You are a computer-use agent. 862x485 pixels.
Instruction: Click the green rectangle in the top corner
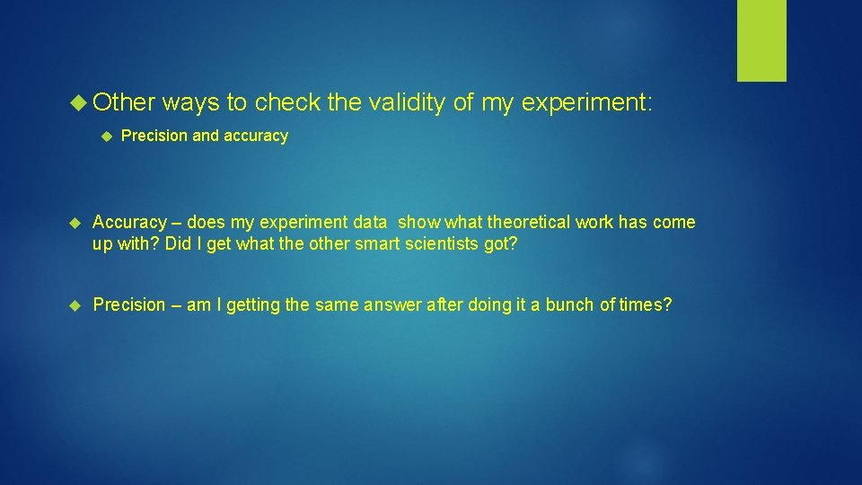click(x=761, y=40)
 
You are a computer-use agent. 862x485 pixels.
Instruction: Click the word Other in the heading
click(x=124, y=103)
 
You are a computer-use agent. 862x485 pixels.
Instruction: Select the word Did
click(x=178, y=244)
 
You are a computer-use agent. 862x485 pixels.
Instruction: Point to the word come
click(x=674, y=223)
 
